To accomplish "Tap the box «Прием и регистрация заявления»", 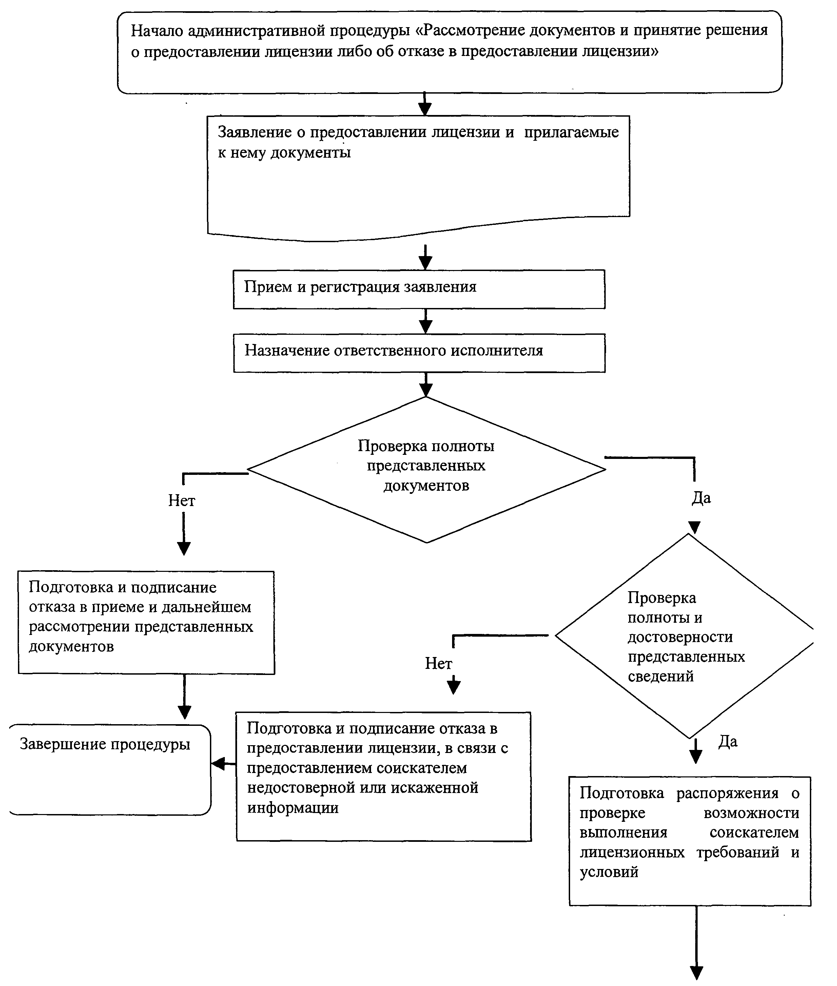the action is [419, 289].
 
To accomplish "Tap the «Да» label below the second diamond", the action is [728, 741].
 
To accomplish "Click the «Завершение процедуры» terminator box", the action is [110, 770].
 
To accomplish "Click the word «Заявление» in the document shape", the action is [255, 132].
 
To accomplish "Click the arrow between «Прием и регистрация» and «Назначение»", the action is [426, 321].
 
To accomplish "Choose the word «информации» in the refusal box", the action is [293, 807].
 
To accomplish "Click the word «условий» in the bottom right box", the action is [609, 872].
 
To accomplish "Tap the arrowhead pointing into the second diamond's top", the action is [694, 528].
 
